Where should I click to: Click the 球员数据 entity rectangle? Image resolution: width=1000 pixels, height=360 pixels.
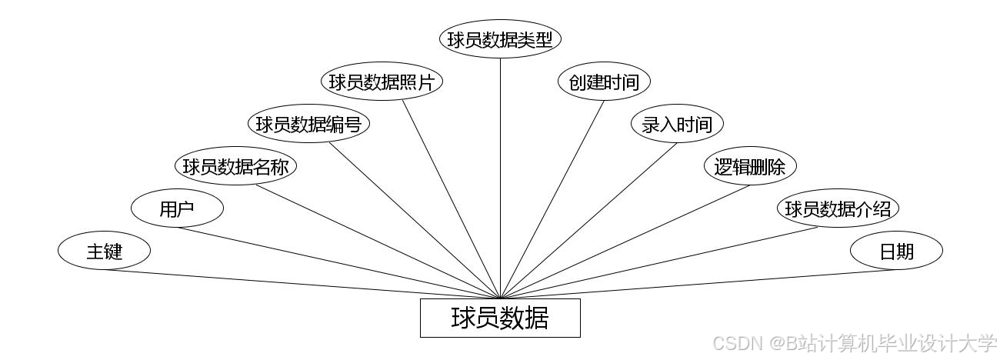click(500, 318)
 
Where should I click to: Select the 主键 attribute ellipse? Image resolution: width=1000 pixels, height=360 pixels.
click(104, 251)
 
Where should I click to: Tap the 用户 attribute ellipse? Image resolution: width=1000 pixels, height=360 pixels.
click(177, 208)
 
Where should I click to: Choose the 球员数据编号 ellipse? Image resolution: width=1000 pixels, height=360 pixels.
click(308, 124)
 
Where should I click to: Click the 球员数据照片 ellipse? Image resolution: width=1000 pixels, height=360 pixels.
click(382, 82)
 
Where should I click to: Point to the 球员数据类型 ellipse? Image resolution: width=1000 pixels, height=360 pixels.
click(500, 39)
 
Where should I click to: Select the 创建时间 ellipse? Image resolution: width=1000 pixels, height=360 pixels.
click(604, 82)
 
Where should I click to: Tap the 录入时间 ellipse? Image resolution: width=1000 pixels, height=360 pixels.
click(677, 124)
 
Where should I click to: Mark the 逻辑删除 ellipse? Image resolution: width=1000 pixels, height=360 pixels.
click(750, 166)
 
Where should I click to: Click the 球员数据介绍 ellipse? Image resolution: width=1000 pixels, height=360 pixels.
click(838, 208)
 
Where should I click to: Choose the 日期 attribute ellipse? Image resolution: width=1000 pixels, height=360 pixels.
click(896, 251)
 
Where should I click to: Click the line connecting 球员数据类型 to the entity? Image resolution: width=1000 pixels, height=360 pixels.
click(500, 177)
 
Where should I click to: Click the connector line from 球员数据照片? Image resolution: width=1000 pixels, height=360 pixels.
click(451, 199)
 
